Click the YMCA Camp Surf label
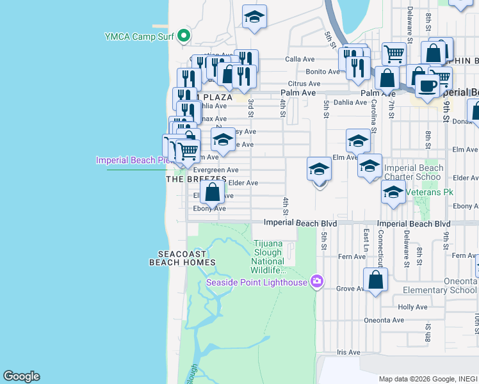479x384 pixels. pos(140,36)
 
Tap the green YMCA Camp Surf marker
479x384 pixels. pos(184,35)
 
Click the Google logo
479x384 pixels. pos(21,376)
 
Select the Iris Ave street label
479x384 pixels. pos(349,352)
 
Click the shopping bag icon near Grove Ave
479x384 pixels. pos(375,280)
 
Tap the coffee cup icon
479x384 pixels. pos(427,85)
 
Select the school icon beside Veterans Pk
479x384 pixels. pos(393,191)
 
